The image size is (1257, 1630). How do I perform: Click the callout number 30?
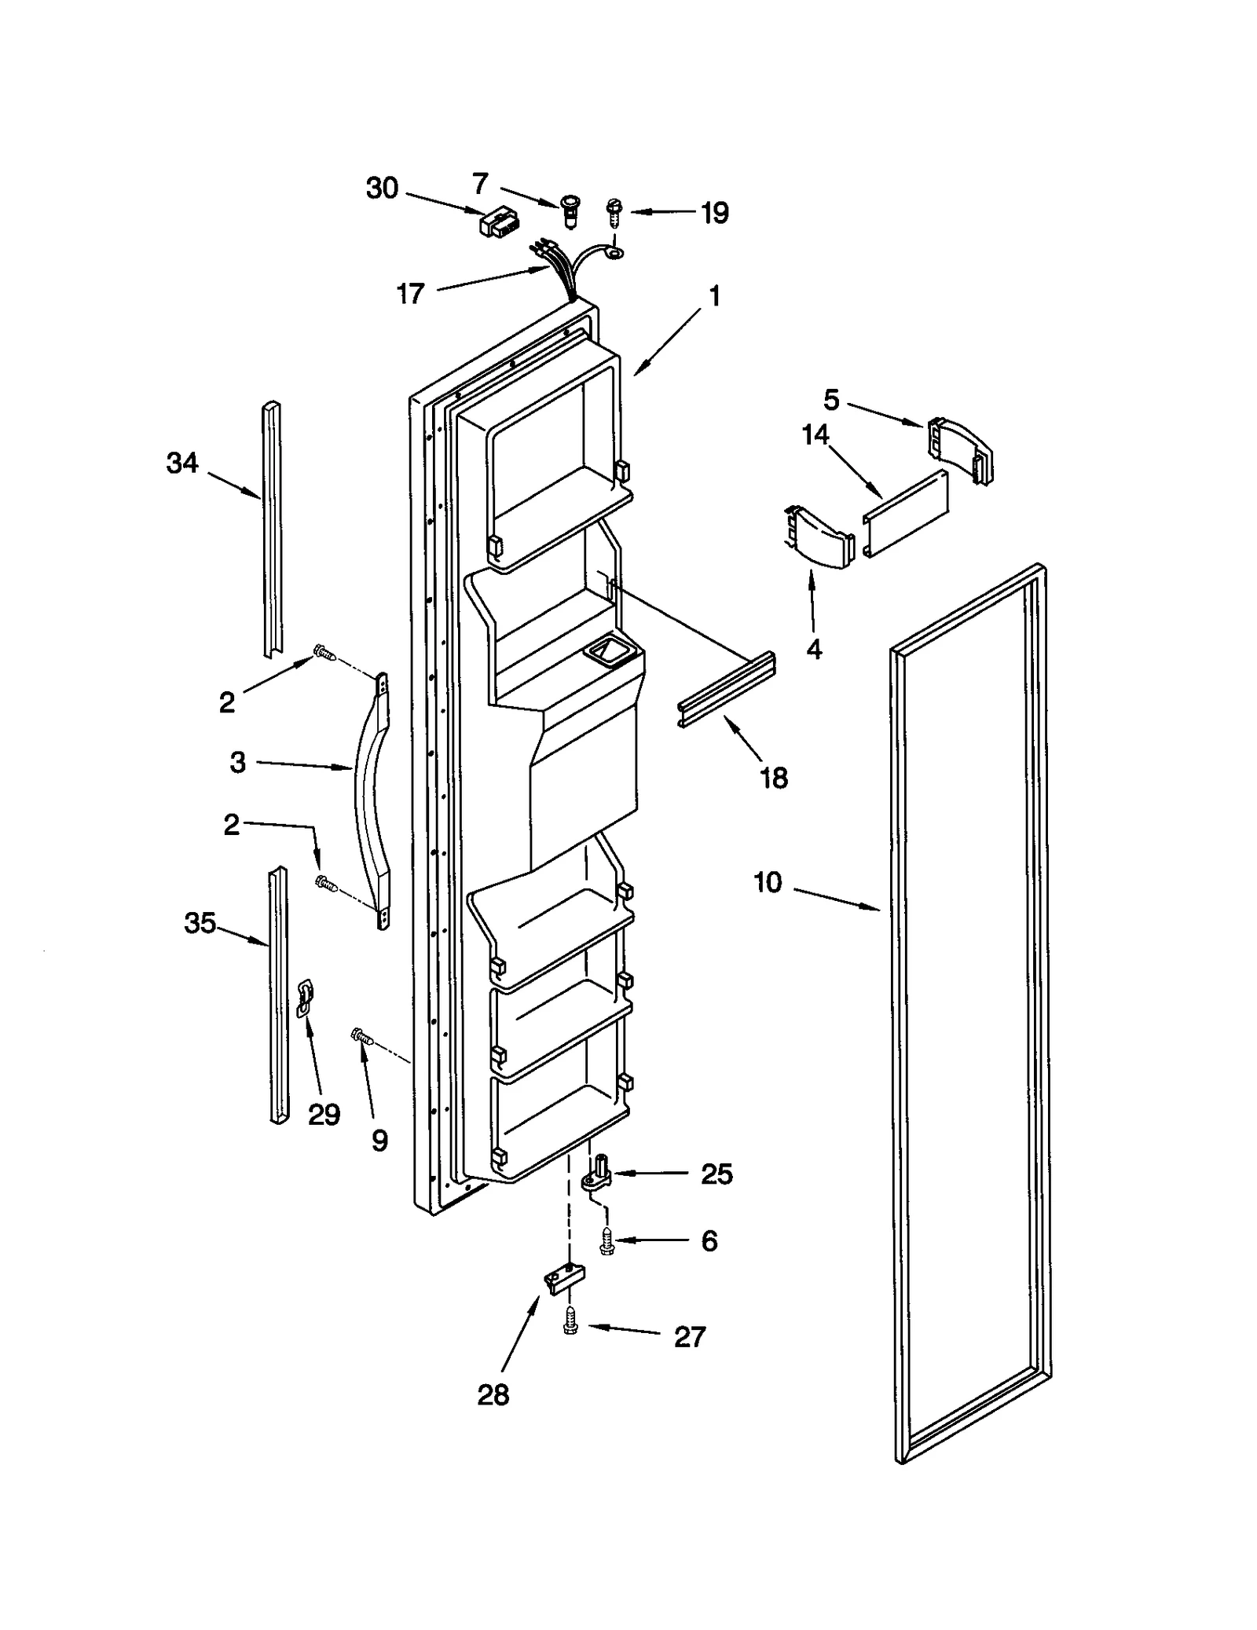(x=383, y=189)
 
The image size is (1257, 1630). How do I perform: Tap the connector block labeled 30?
(x=496, y=222)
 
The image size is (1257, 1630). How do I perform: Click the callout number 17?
(x=410, y=294)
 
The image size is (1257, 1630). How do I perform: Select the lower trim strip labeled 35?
(x=278, y=994)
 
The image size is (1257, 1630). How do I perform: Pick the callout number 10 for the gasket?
(x=768, y=882)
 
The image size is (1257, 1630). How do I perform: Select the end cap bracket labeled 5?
(x=959, y=449)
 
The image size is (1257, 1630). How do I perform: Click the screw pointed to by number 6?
(x=607, y=1241)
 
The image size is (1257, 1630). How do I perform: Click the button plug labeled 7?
(x=569, y=211)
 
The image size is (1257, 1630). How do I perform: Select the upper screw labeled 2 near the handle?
(x=323, y=652)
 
